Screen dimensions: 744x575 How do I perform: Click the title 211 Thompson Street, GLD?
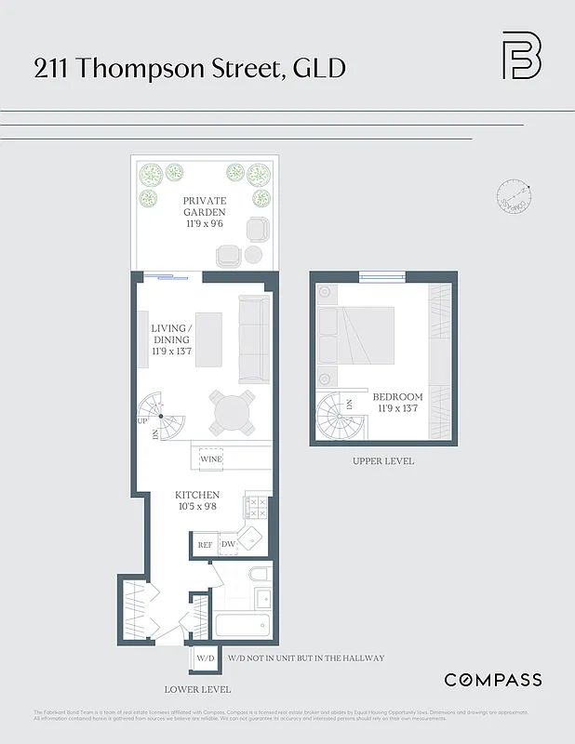click(191, 69)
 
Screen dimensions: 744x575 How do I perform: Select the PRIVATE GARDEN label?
click(205, 206)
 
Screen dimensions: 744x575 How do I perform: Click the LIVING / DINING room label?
click(171, 339)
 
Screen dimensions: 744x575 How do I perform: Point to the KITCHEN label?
click(197, 501)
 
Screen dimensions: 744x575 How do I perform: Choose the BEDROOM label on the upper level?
click(398, 403)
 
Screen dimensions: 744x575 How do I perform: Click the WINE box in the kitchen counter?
click(211, 459)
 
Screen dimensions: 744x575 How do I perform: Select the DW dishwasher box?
click(228, 545)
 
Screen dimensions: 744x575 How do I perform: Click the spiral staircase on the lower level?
click(161, 417)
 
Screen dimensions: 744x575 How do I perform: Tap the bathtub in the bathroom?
click(241, 625)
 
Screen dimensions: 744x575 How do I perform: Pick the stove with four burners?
click(256, 507)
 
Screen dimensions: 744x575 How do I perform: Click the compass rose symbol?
click(513, 196)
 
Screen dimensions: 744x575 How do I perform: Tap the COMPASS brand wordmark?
click(492, 680)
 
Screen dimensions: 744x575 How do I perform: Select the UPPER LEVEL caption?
click(382, 461)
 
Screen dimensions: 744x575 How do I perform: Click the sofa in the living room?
click(252, 339)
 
